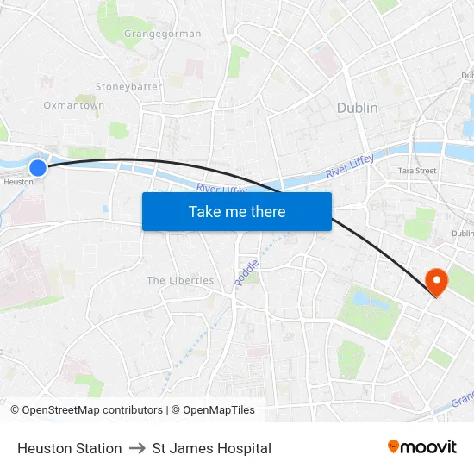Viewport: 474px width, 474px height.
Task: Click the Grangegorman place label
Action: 162,34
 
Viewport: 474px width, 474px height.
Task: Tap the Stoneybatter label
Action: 128,87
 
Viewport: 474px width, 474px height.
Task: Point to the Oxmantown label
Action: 74,106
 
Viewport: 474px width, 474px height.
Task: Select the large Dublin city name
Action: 357,109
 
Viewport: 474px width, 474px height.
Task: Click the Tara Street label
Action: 417,172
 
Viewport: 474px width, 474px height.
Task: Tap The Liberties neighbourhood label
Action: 180,281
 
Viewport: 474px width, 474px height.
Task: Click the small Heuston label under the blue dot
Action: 18,182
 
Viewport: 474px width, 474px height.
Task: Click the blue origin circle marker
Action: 38,168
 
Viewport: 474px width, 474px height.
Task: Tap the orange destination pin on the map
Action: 436,281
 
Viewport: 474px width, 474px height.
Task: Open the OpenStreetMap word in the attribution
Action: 74,410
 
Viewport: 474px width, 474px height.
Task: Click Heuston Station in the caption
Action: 69,448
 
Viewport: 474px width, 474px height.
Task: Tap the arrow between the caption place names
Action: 137,448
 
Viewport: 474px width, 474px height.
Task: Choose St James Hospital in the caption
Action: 211,448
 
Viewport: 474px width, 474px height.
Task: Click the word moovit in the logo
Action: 429,447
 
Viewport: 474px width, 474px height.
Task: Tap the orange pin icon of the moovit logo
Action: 394,446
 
